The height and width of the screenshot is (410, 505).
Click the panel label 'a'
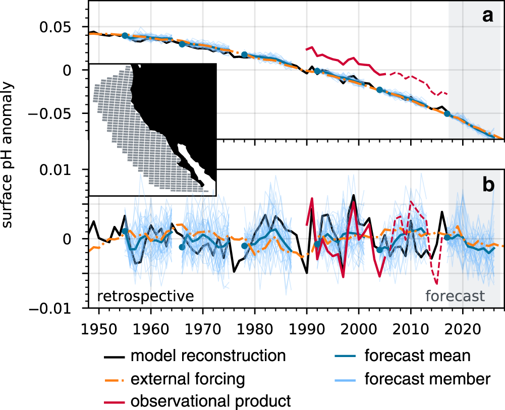[487, 17]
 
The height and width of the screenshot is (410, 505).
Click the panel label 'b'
[488, 185]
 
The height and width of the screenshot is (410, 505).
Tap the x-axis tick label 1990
[307, 324]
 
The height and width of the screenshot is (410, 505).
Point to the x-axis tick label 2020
[463, 324]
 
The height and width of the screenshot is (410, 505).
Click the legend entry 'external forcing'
[188, 378]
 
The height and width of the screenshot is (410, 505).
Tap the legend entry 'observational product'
[210, 401]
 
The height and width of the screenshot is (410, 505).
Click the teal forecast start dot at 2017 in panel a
[447, 113]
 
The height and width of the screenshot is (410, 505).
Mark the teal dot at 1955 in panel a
[125, 35]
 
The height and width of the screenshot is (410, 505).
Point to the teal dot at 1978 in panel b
[245, 246]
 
